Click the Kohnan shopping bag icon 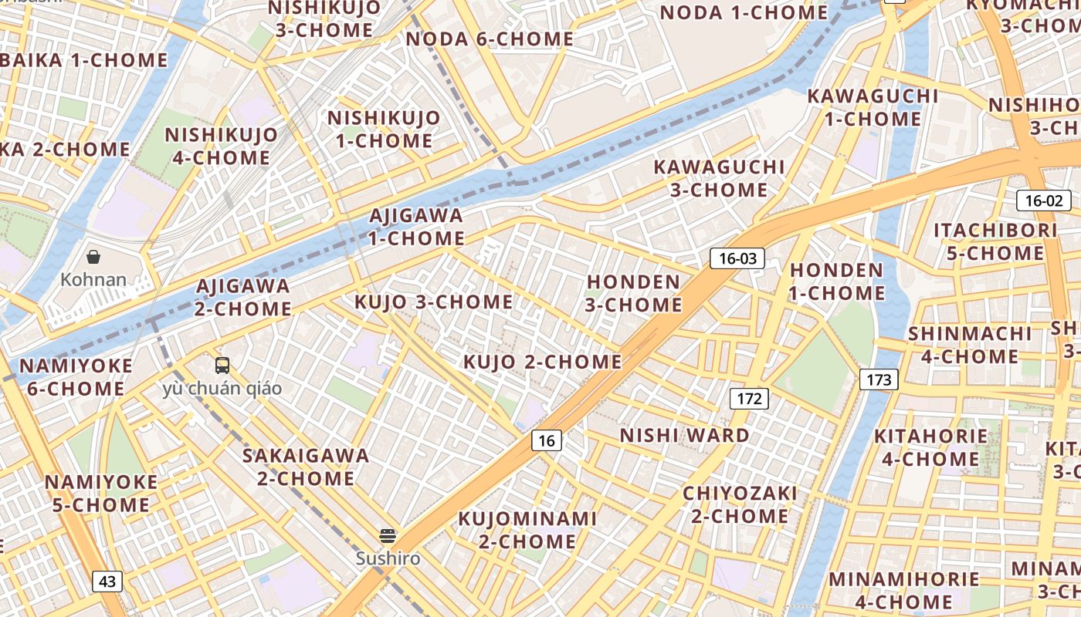coord(93,257)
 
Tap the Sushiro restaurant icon coord(388,535)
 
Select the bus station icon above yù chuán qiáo coord(222,366)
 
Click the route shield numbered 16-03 coord(737,258)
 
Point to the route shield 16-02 coord(1043,201)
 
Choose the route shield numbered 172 coord(749,399)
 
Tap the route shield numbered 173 coord(879,379)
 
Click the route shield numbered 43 coord(107,582)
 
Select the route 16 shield coord(547,441)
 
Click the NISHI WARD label coord(684,436)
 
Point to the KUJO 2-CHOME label coord(542,362)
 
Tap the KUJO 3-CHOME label coord(433,302)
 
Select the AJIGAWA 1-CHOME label coord(416,227)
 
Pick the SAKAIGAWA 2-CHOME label coord(306,467)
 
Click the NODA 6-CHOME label coord(490,39)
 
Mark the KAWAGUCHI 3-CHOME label coord(719,178)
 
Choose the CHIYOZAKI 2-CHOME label coord(740,504)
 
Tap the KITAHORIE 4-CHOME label coord(930,447)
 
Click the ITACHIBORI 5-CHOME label coord(995,241)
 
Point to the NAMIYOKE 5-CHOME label coord(101,494)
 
